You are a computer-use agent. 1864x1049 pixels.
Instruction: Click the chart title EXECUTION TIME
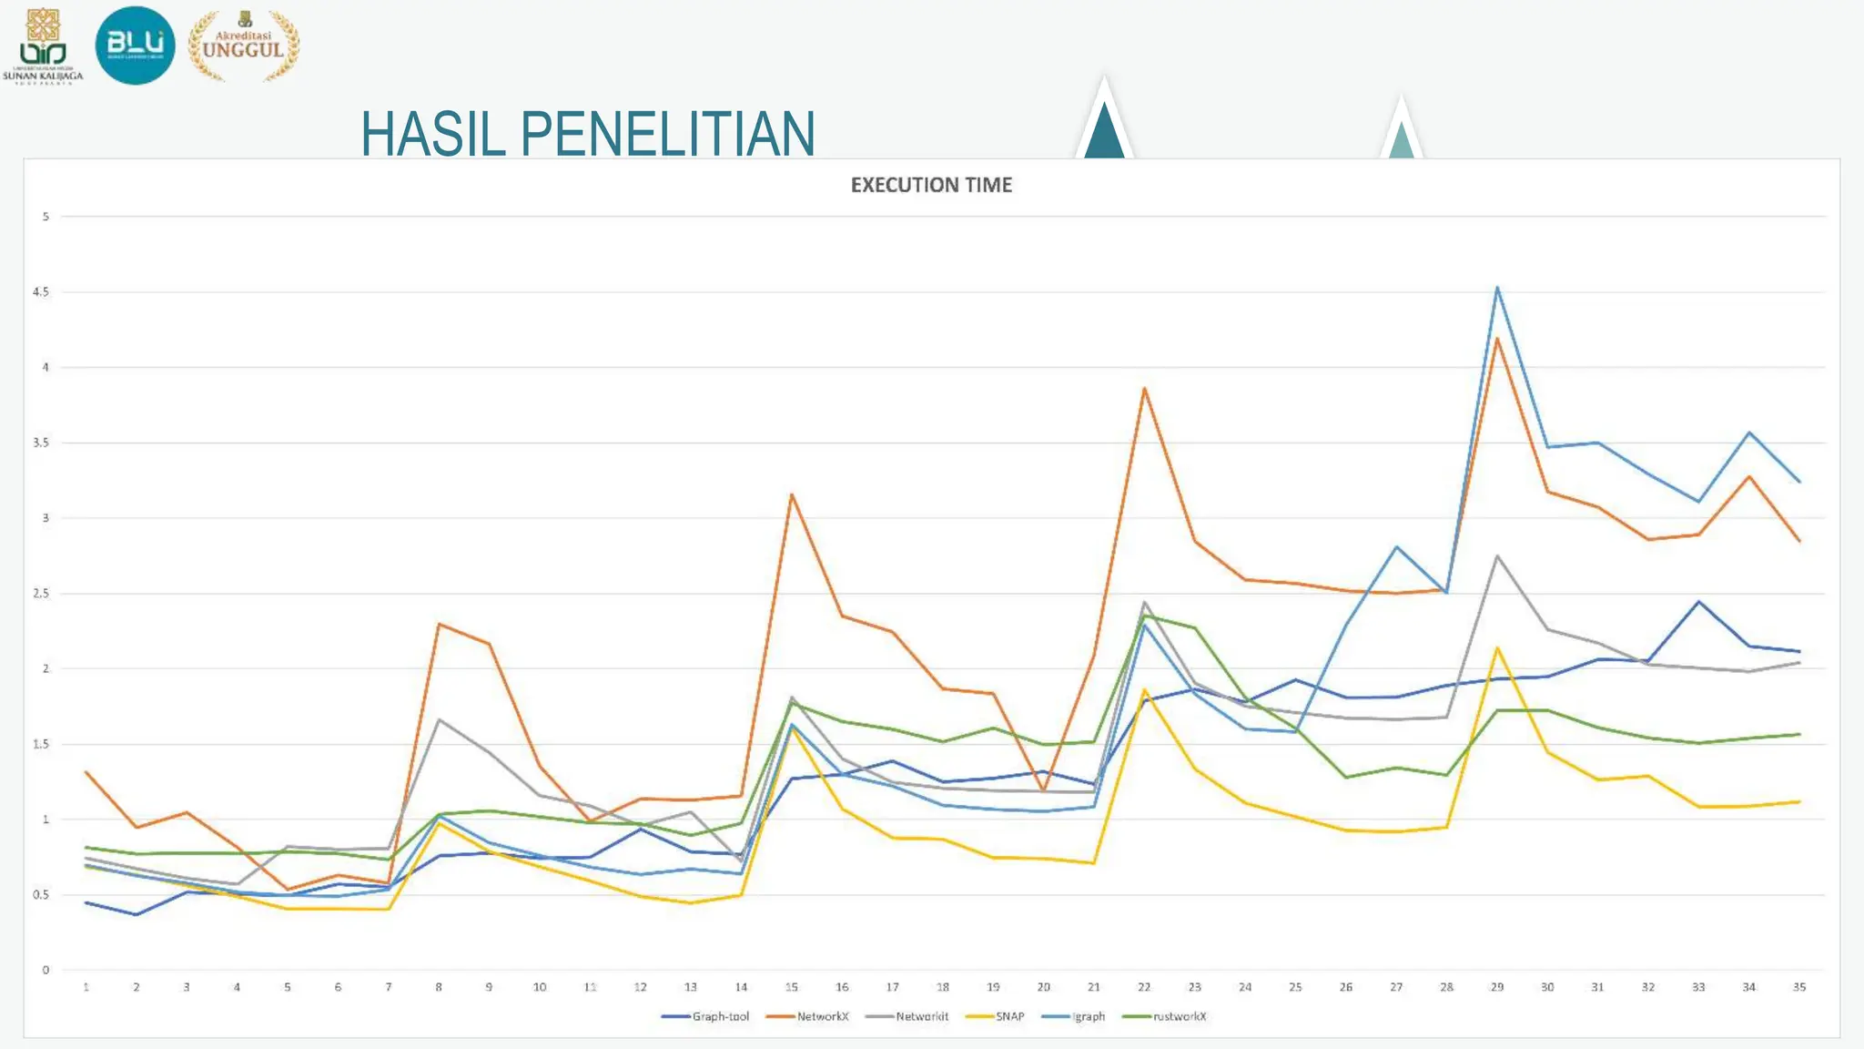(x=931, y=185)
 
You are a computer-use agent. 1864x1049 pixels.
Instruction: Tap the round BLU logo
(x=135, y=45)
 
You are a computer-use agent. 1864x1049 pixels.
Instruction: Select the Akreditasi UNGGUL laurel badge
(x=243, y=46)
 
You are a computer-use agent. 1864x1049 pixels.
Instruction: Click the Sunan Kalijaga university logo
(x=43, y=46)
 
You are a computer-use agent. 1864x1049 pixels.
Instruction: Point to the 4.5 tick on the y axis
(x=41, y=292)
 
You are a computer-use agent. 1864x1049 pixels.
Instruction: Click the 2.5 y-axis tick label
(x=41, y=594)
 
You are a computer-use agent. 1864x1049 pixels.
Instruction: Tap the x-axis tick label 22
(x=1144, y=987)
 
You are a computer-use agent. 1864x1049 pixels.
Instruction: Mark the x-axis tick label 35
(x=1798, y=987)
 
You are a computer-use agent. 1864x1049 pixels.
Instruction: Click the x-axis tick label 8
(x=439, y=987)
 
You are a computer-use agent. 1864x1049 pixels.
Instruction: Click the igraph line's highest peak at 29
(x=1497, y=288)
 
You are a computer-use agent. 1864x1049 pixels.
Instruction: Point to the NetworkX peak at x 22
(x=1144, y=388)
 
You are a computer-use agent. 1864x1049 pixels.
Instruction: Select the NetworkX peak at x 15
(x=792, y=494)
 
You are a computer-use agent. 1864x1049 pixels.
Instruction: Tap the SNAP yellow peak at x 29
(x=1497, y=647)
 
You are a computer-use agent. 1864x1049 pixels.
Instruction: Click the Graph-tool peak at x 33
(x=1698, y=601)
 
